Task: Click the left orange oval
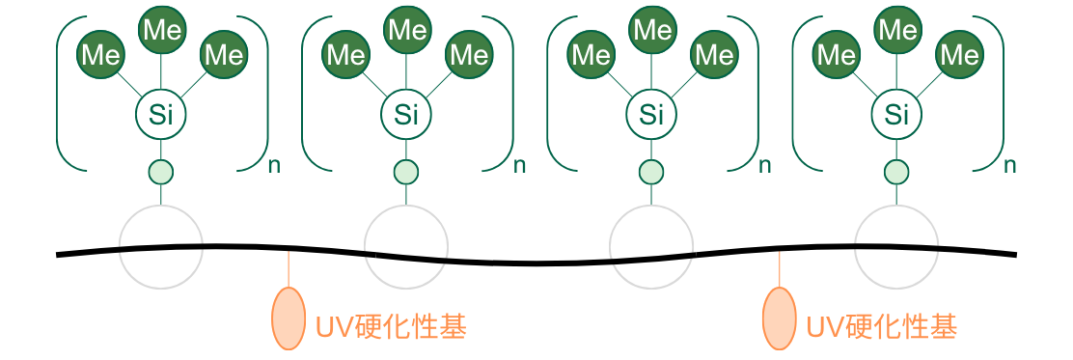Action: click(289, 318)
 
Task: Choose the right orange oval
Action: click(779, 318)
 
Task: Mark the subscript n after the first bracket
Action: click(275, 165)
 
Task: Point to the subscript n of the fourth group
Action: click(1010, 165)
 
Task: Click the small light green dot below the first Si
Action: click(160, 173)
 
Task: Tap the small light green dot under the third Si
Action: click(651, 173)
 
